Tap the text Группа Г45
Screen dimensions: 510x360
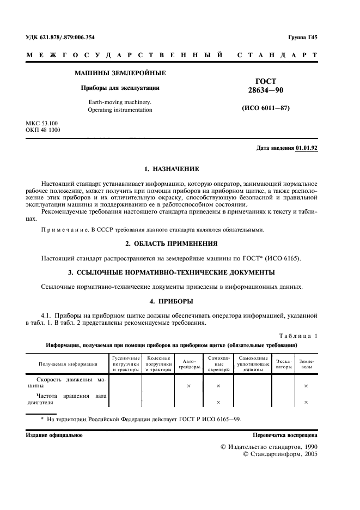point(303,37)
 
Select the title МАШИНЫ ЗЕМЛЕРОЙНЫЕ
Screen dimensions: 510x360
point(120,73)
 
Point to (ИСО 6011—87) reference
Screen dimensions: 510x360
point(265,108)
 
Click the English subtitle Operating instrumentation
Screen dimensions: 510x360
point(120,110)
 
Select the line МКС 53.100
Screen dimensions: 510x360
point(41,124)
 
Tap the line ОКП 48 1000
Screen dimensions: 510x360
point(43,130)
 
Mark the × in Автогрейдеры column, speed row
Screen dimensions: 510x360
point(188,386)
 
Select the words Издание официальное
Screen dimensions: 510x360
point(54,435)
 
